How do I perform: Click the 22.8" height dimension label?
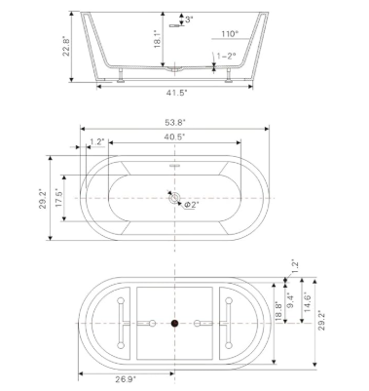point(66,47)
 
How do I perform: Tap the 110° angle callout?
point(230,34)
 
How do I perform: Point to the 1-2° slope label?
point(226,56)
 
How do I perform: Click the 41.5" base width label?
point(177,93)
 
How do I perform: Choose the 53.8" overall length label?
point(175,122)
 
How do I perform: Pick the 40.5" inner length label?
point(174,137)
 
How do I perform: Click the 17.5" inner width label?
point(59,198)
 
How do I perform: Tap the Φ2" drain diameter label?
point(192,205)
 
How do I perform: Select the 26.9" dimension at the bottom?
point(126,379)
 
